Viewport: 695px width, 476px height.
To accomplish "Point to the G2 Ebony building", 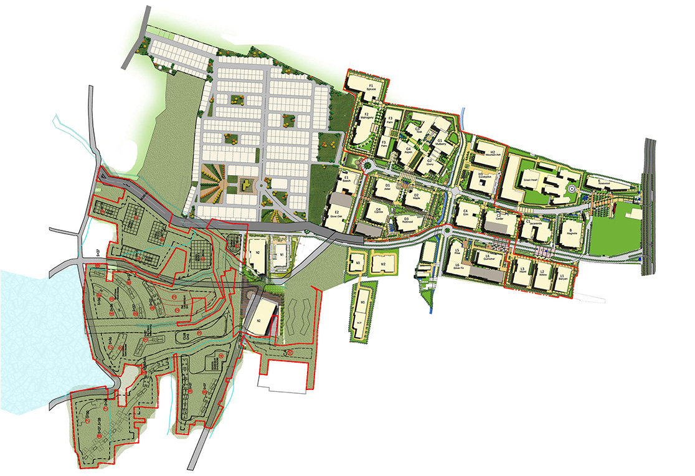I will coord(430,163).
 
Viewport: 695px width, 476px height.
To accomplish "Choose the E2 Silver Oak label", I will coord(337,217).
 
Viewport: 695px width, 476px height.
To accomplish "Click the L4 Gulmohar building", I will coord(490,260).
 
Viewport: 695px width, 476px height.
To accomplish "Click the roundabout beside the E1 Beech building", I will coord(367,166).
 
